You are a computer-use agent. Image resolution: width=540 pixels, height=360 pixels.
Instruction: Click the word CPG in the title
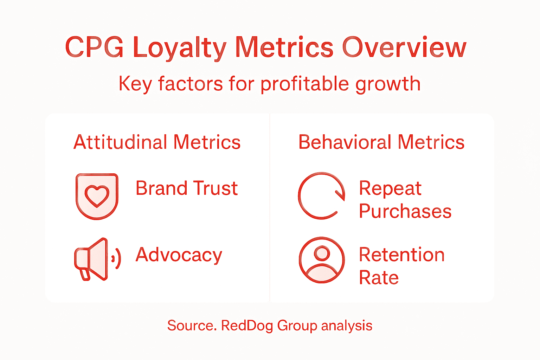pos(94,47)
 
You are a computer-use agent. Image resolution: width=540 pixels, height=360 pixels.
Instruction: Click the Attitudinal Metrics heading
pos(157,142)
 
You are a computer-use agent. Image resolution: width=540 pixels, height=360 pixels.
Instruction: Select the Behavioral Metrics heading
pos(381,142)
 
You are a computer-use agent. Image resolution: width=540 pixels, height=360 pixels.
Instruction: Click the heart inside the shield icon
pos(97,196)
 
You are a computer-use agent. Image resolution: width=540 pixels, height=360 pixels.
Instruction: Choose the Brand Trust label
pos(187,188)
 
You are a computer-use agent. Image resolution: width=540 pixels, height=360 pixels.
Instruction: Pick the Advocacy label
pos(179,255)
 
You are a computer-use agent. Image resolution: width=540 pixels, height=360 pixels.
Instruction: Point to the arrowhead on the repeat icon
pos(340,195)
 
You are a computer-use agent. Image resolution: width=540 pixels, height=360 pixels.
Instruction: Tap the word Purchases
pos(405,211)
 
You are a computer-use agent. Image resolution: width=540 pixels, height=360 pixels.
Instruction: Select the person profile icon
pos(322,260)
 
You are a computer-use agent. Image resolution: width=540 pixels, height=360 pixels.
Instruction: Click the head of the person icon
pos(322,253)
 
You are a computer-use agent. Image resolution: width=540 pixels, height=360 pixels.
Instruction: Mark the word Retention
pos(401,255)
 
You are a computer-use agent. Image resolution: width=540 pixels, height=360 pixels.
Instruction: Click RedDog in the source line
pos(246,326)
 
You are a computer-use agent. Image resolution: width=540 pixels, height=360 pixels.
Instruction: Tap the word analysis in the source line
pos(347,326)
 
